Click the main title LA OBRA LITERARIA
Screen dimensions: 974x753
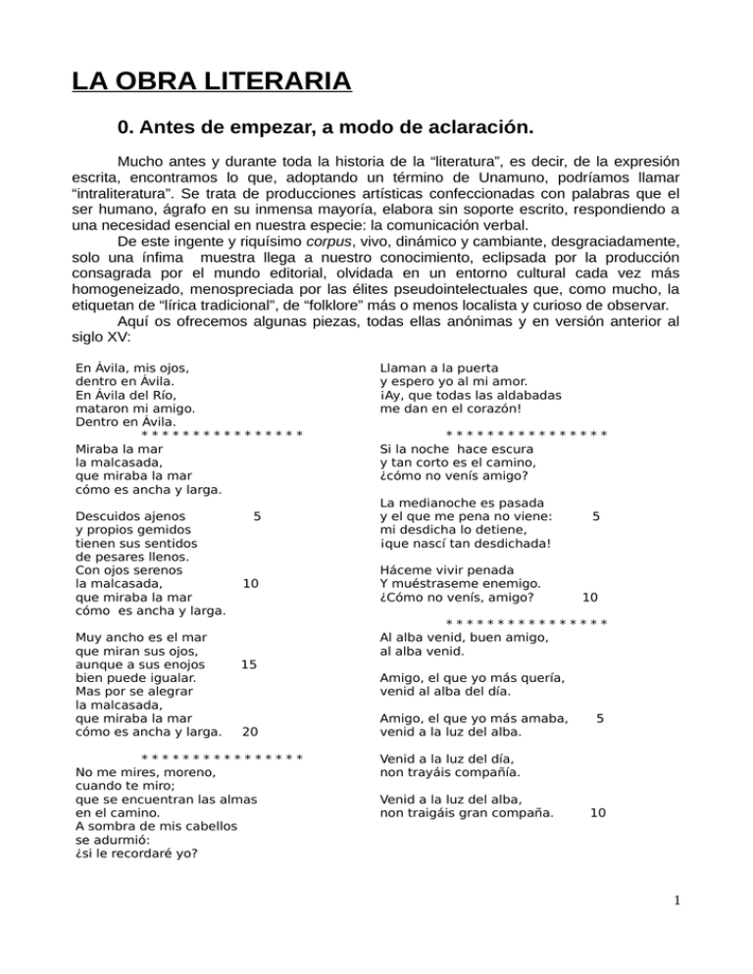click(x=211, y=77)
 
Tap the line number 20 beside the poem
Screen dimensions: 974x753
click(x=250, y=731)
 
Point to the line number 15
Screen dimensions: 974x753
click(x=250, y=664)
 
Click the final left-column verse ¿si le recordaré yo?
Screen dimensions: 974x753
click(x=136, y=852)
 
